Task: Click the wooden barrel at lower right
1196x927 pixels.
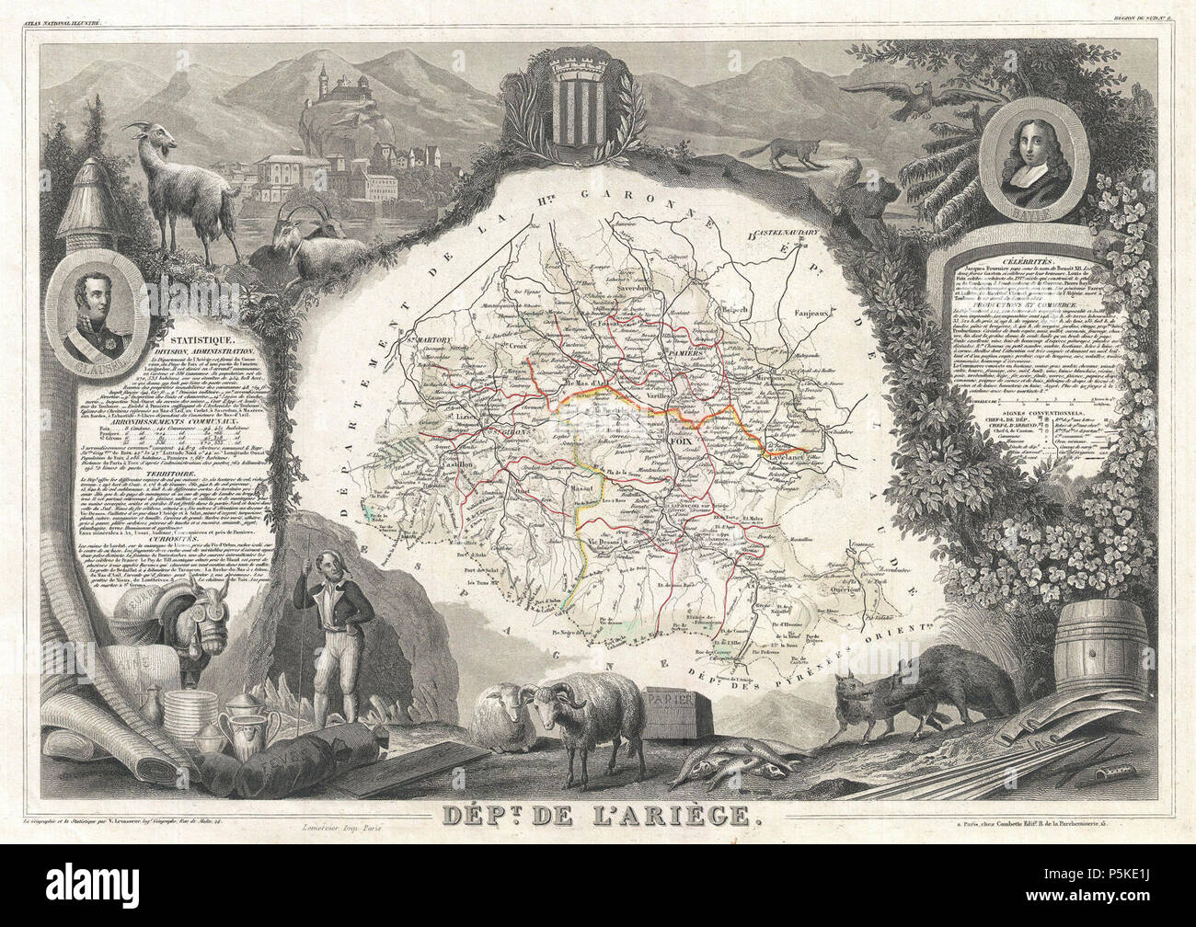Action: tap(1094, 649)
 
